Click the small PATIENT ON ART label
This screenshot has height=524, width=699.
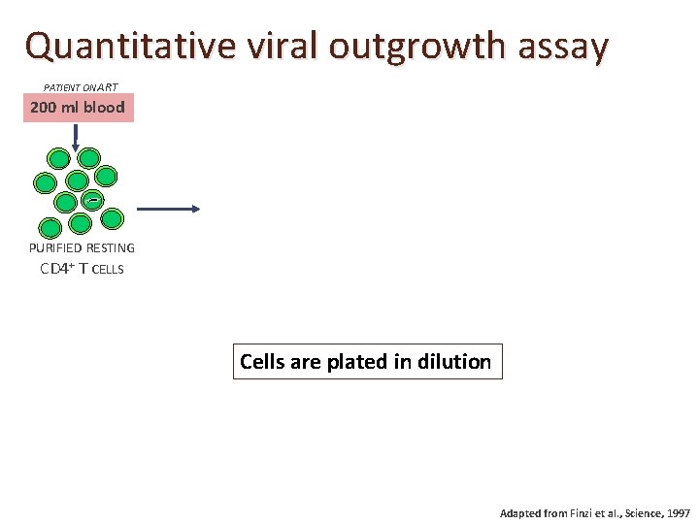coord(81,87)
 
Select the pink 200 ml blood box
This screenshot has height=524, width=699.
coord(78,107)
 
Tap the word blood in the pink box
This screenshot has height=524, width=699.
coord(103,107)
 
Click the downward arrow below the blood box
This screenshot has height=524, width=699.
coord(76,136)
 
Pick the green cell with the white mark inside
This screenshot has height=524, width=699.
coord(90,200)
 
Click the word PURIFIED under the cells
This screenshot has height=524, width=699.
coord(55,248)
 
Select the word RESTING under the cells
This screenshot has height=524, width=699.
coord(110,248)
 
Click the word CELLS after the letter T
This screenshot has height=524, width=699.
coord(108,270)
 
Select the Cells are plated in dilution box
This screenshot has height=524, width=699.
coord(367,362)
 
